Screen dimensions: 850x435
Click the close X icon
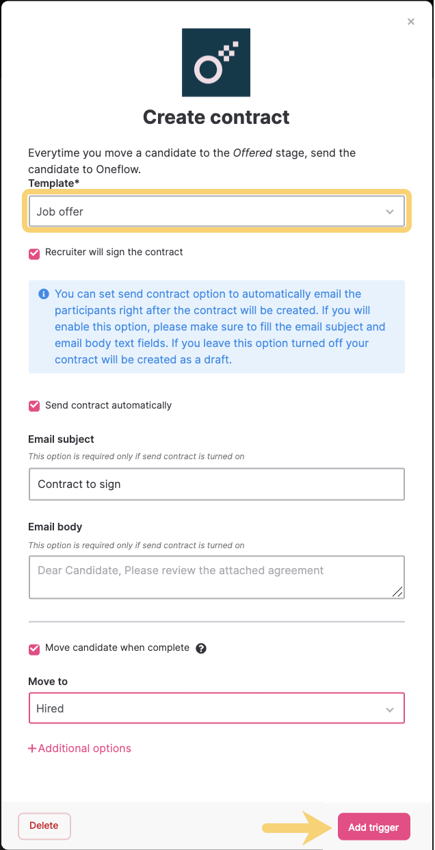[411, 22]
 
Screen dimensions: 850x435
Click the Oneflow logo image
[216, 62]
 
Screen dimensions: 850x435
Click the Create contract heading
[216, 117]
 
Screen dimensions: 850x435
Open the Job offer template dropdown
[216, 211]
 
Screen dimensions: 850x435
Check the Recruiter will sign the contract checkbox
[34, 253]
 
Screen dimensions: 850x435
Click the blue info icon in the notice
[44, 294]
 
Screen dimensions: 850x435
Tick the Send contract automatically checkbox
[34, 406]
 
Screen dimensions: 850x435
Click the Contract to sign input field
[216, 484]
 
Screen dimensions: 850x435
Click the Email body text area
[216, 577]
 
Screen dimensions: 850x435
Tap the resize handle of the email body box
[397, 591]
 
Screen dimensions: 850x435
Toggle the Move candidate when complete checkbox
[34, 648]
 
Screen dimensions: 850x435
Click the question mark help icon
[201, 648]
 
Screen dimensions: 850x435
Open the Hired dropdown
[216, 708]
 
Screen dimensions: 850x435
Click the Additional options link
[80, 749]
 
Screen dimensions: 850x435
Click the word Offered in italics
[252, 153]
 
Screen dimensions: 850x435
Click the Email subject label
[61, 439]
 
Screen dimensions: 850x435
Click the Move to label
[48, 682]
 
